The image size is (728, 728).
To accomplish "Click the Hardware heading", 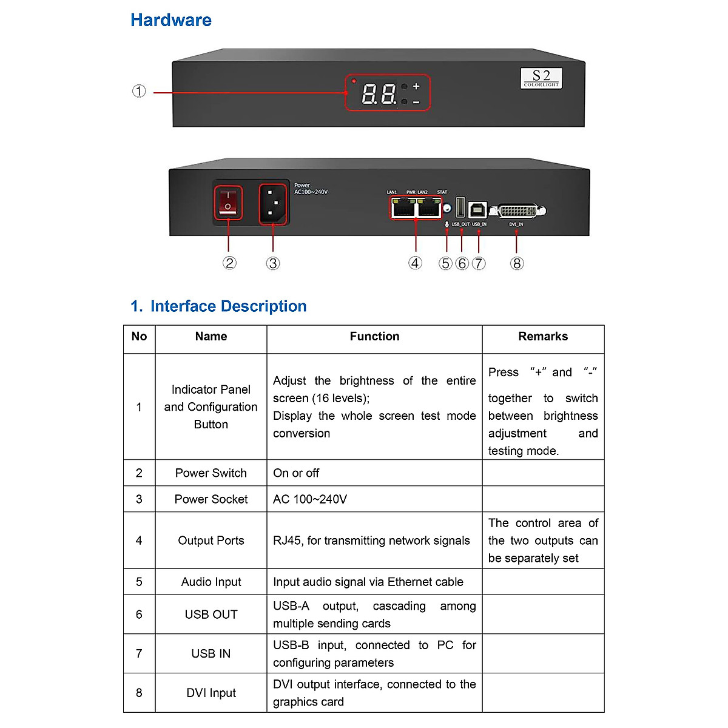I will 171,20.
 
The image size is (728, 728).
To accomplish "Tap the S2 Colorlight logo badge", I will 541,78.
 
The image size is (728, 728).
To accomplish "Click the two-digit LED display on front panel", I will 379,94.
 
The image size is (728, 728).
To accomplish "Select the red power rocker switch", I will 228,203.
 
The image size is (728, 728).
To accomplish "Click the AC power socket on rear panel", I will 273,204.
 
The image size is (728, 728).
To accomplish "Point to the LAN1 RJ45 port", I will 403,208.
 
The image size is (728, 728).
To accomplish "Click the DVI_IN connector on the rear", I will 517,211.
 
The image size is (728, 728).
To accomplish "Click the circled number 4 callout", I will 415,263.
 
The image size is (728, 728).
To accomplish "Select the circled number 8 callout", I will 517,263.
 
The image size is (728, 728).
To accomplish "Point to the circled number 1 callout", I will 139,92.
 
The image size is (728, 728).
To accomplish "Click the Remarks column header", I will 543,337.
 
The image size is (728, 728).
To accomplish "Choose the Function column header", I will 374,337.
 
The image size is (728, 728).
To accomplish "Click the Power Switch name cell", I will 211,473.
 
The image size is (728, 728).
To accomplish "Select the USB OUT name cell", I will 211,615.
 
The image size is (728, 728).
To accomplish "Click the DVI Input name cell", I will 211,693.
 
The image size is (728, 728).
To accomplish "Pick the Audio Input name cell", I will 211,582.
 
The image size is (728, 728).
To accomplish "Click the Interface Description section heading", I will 219,306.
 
